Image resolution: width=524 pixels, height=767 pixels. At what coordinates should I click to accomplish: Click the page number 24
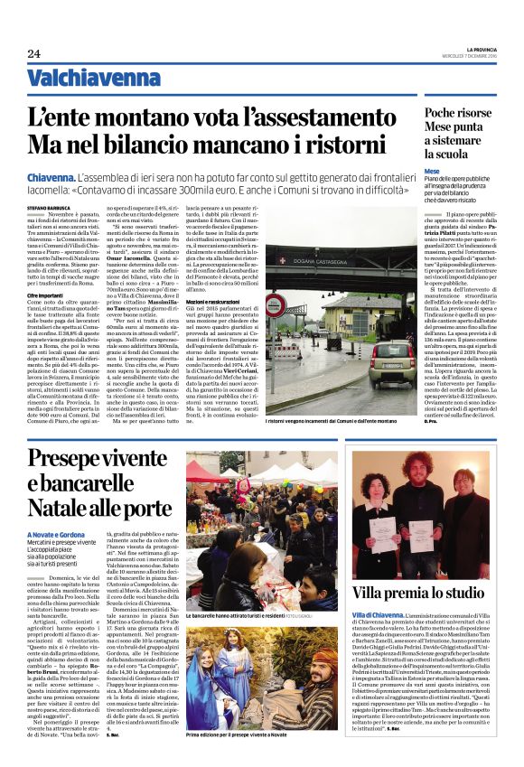click(x=33, y=54)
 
